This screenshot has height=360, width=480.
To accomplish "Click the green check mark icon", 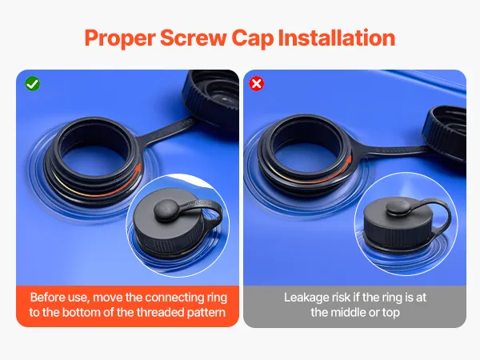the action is (x=33, y=83).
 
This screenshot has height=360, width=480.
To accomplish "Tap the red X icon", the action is (x=257, y=83).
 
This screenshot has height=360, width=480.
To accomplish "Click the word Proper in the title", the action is (x=120, y=38).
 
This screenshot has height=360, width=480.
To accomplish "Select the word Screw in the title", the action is (x=193, y=38).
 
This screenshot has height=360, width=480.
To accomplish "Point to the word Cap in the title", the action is (x=253, y=38).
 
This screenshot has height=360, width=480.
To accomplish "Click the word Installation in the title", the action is (x=337, y=38).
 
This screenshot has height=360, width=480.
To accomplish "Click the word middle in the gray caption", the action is (x=346, y=312).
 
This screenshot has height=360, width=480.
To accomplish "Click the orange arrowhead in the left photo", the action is (x=138, y=167).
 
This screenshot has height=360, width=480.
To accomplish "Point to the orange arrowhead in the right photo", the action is (x=348, y=160).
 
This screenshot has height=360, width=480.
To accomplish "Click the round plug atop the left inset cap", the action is (x=166, y=210).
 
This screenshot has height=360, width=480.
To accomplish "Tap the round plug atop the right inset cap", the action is (x=398, y=207).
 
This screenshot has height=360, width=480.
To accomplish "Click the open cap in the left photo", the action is (x=210, y=98).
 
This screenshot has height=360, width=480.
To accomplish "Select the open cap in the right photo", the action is (x=445, y=133).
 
